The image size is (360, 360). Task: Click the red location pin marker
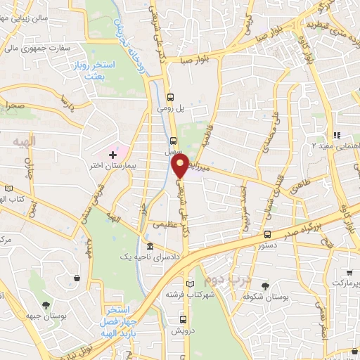[x=180, y=167]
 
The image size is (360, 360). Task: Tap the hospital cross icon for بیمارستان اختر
[x=112, y=153]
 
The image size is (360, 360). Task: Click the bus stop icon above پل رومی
[x=171, y=98]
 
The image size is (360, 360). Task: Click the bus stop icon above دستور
[x=267, y=234]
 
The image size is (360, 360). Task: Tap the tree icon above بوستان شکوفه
[x=265, y=285]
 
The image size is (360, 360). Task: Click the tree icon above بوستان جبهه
[x=46, y=305]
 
